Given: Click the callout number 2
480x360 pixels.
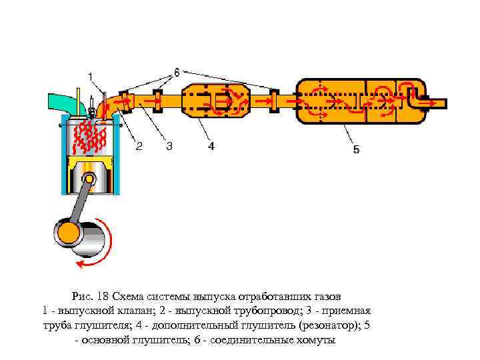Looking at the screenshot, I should pyautogui.click(x=139, y=146).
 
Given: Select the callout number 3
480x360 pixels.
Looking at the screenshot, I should pyautogui.click(x=169, y=146).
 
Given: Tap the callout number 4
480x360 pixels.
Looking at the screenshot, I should pyautogui.click(x=211, y=146).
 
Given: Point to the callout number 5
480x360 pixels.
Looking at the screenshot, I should pyautogui.click(x=356, y=150).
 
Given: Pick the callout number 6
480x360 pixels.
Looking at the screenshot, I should pyautogui.click(x=177, y=71).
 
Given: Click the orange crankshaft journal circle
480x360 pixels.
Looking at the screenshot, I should pyautogui.click(x=69, y=233).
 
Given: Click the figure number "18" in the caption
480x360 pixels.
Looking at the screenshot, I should pyautogui.click(x=103, y=296).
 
